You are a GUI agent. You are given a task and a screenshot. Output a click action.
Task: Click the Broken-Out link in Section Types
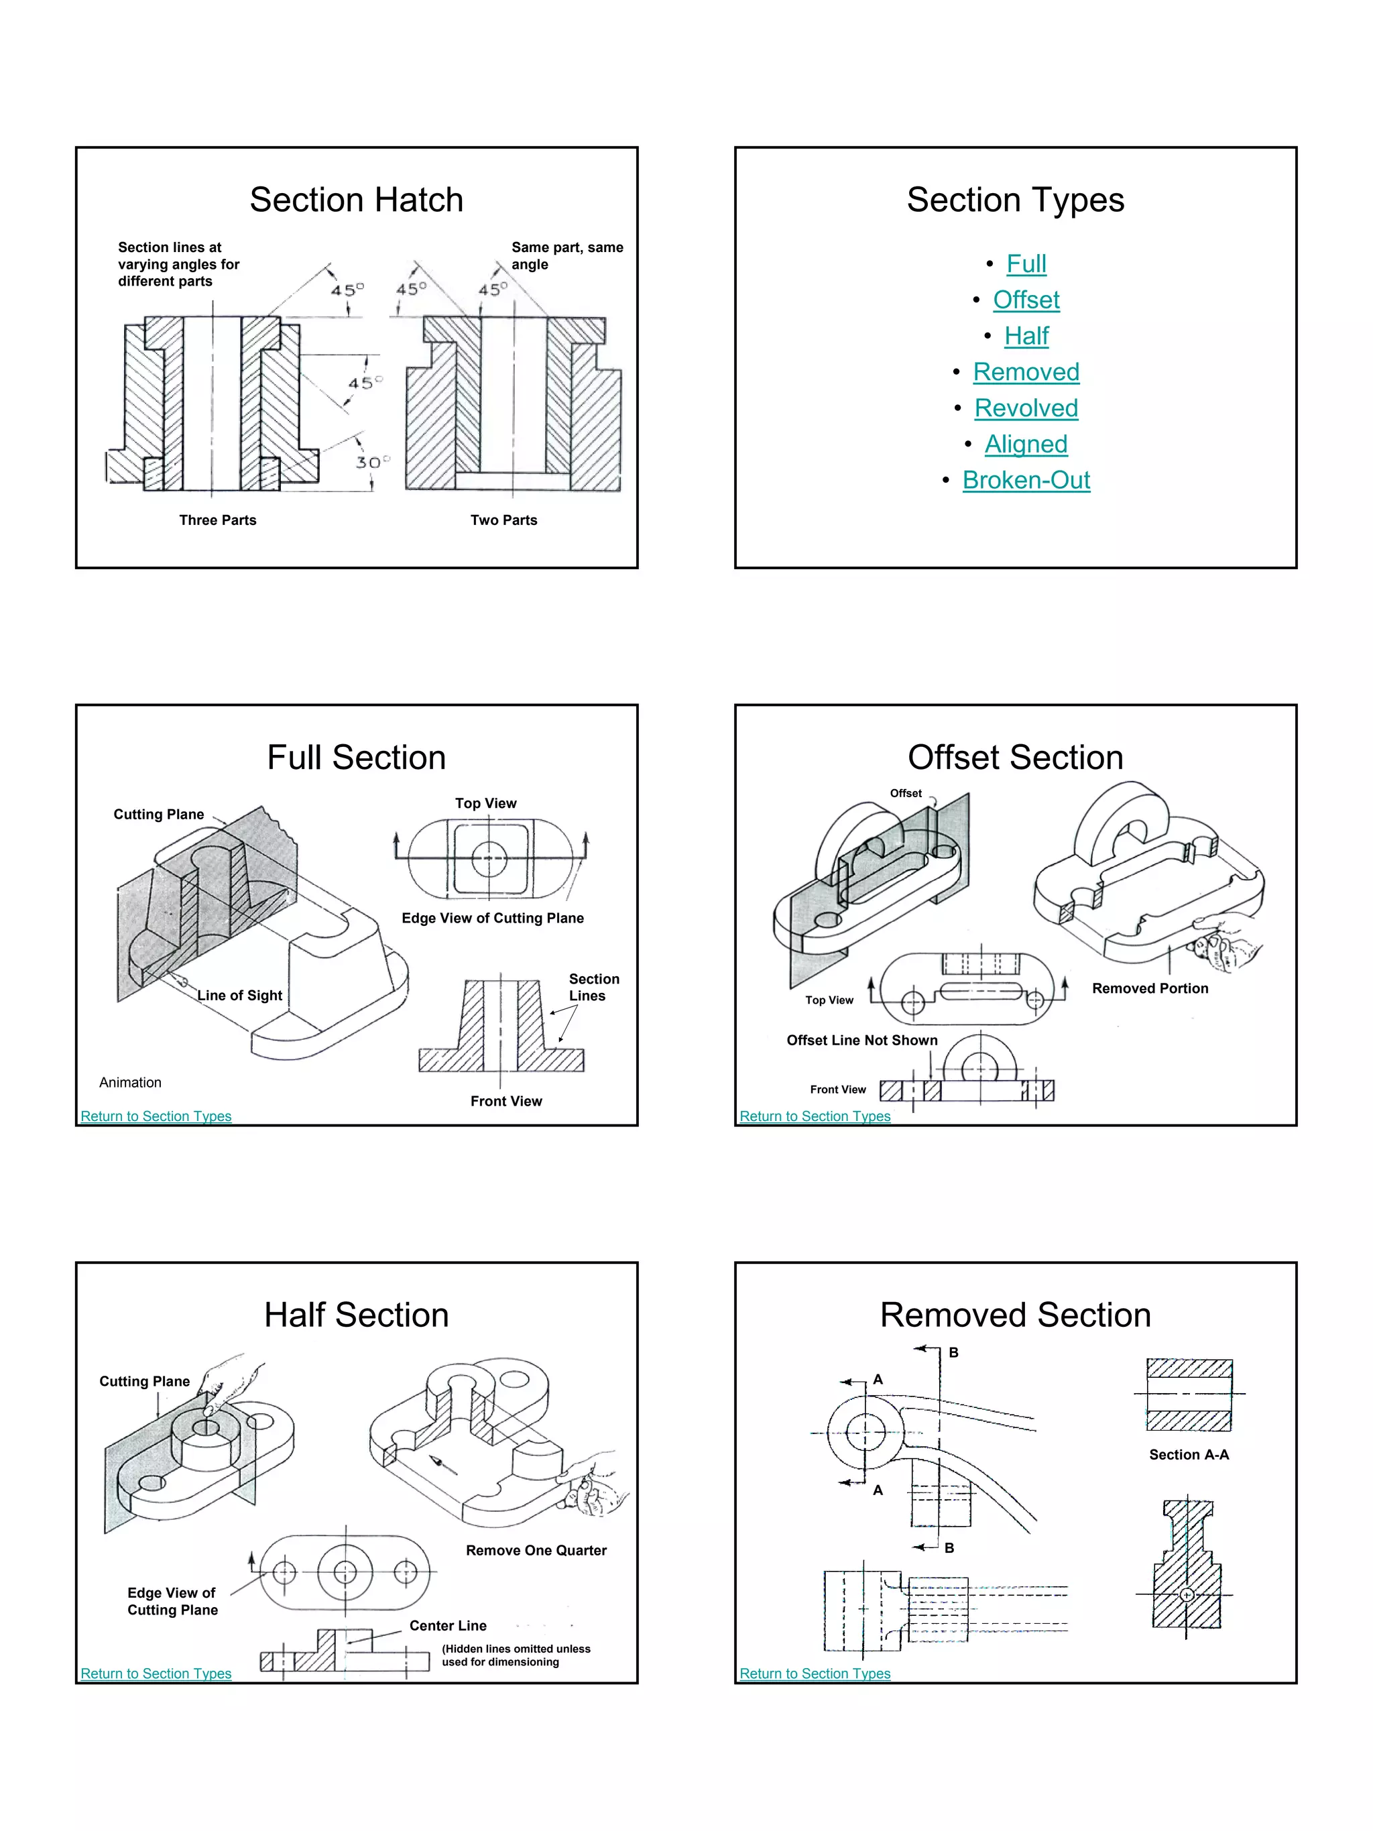click(1026, 480)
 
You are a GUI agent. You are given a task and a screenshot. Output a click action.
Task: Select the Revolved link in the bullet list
click(1026, 408)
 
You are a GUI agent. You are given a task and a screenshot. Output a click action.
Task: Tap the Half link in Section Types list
click(1026, 336)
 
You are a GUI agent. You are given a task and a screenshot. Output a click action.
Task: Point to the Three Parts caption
click(218, 520)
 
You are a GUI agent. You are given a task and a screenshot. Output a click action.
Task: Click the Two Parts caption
click(503, 520)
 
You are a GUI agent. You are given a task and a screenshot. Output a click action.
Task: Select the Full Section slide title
click(356, 758)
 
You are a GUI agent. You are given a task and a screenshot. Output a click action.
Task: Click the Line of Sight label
click(239, 995)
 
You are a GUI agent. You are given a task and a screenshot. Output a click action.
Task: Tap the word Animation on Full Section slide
click(130, 1082)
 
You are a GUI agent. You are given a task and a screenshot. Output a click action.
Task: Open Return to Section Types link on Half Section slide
click(156, 1673)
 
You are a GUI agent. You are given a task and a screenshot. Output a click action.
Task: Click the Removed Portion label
click(1150, 988)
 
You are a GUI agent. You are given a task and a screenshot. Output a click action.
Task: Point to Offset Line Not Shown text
click(861, 1040)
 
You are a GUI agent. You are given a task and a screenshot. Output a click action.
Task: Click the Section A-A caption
click(1189, 1454)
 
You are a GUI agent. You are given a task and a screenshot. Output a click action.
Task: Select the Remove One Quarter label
click(536, 1549)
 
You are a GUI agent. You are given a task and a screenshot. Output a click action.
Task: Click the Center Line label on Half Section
click(448, 1625)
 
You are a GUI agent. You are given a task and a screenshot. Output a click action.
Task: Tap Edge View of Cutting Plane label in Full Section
click(493, 918)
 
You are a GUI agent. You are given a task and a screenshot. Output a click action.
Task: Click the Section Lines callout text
click(593, 987)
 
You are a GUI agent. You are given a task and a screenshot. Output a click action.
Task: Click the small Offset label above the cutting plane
click(906, 793)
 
